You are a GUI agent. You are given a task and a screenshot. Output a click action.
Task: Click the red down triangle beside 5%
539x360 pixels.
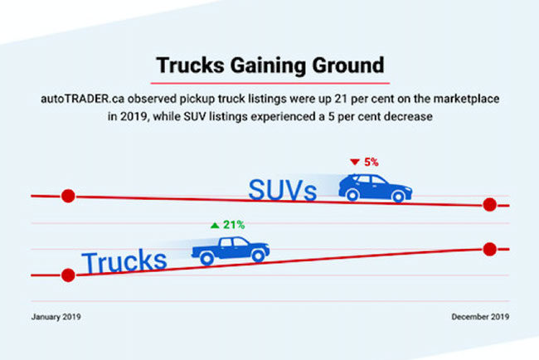pos(354,162)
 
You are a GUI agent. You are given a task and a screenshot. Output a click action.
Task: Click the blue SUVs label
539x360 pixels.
pos(283,190)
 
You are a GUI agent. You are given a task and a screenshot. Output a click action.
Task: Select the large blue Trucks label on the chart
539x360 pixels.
pos(124,261)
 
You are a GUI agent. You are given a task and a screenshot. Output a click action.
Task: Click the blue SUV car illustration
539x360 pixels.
pos(375,187)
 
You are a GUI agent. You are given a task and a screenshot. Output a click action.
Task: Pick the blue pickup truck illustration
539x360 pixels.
pos(231,249)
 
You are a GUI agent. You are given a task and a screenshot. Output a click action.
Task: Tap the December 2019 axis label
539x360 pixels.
pos(480,317)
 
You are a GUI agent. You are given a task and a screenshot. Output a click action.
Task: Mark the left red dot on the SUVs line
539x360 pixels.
pos(68,197)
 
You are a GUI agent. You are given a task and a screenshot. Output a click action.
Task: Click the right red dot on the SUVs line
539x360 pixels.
pos(489,205)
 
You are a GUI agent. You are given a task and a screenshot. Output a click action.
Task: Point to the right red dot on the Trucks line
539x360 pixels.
pos(489,249)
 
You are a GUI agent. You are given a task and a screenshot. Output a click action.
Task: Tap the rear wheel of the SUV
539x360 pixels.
pos(353,195)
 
